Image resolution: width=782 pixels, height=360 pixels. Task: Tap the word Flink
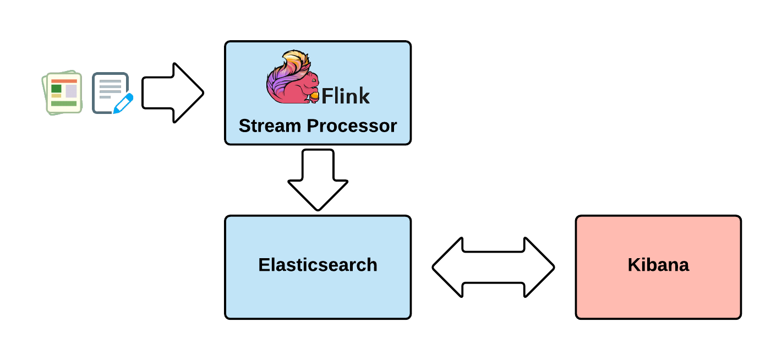pos(346,96)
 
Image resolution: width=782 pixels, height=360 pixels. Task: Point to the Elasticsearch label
pos(318,265)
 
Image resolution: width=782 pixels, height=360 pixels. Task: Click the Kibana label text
pos(658,265)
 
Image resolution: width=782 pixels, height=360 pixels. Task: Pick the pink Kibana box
pos(658,292)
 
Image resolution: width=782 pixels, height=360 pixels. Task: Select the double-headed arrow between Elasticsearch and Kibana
pos(493,268)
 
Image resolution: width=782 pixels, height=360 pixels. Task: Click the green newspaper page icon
pos(62,92)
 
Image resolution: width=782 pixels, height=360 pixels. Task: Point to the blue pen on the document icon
pos(123,103)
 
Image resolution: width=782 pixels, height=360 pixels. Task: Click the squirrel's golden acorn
pos(313,97)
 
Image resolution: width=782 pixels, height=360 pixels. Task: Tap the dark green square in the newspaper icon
pos(56,89)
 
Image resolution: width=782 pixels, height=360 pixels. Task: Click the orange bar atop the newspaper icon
pos(64,81)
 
